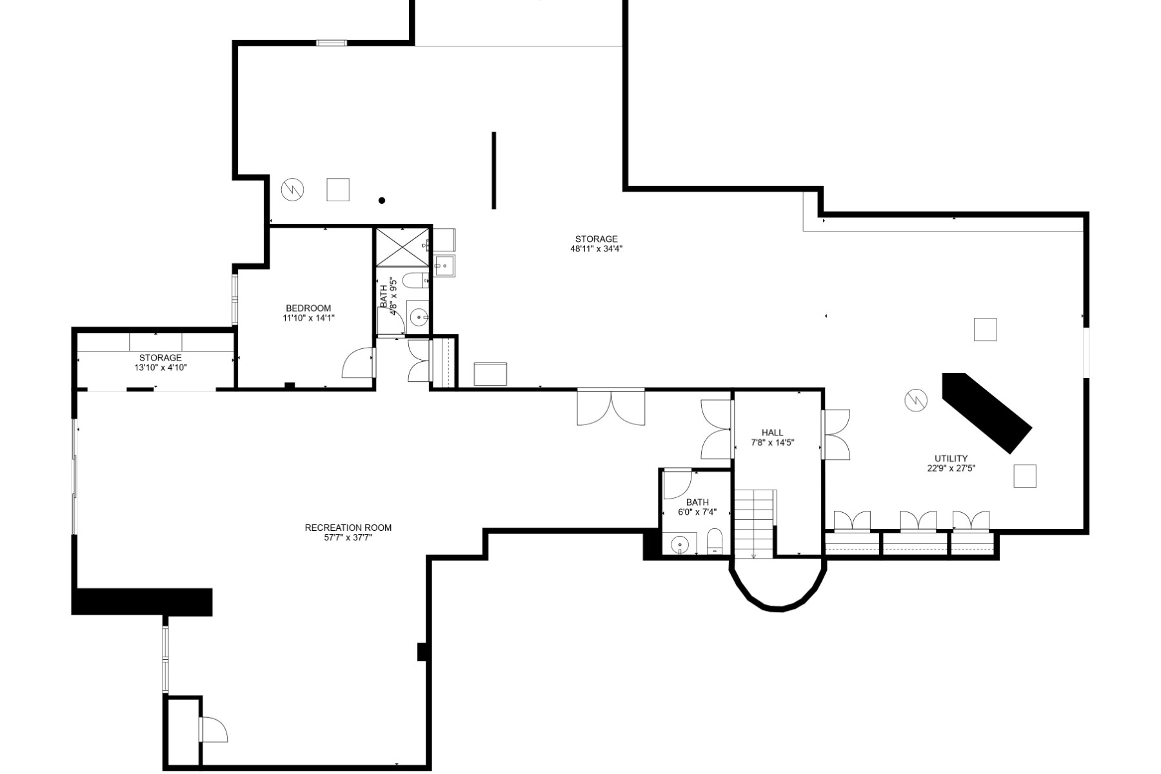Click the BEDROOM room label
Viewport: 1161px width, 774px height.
pos(308,308)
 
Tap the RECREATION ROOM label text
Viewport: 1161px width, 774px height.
pos(348,528)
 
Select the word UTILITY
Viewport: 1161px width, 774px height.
pos(951,459)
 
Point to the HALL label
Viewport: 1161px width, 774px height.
pos(772,433)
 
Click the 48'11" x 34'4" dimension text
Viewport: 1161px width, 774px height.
pos(597,249)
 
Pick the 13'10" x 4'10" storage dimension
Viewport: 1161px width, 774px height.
pos(161,368)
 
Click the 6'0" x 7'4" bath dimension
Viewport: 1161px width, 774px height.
pos(697,512)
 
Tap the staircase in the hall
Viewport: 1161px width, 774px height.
pos(755,523)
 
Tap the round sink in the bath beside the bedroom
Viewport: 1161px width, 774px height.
pos(418,317)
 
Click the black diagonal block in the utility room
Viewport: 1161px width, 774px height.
pos(987,412)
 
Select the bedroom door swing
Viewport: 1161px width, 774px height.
pos(357,363)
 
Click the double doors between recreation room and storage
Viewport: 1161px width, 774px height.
pos(611,407)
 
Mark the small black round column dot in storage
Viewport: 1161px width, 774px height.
pos(382,201)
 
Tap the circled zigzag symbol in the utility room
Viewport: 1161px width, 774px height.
pos(915,401)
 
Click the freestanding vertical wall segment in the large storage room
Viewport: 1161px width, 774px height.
pos(494,170)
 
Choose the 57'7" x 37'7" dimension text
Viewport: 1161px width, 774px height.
pos(348,538)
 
